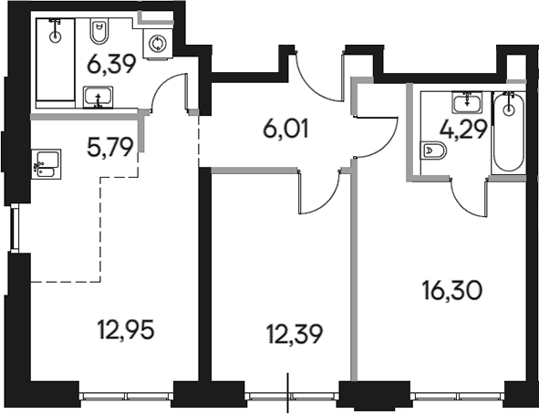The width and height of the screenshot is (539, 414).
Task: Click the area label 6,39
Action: tap(107, 65)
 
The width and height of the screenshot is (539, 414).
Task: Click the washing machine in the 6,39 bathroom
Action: tap(157, 42)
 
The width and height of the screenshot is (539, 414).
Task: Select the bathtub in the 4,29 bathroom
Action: tap(508, 132)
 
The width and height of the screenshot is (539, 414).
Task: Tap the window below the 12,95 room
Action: tap(125, 396)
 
